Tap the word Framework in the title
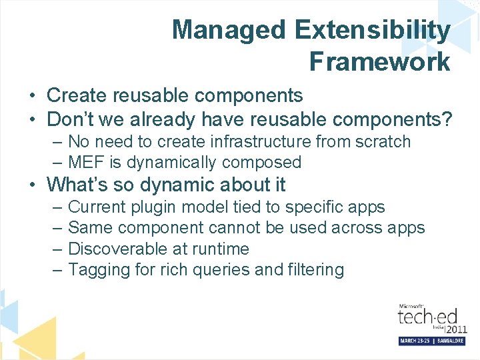tap(379, 62)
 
